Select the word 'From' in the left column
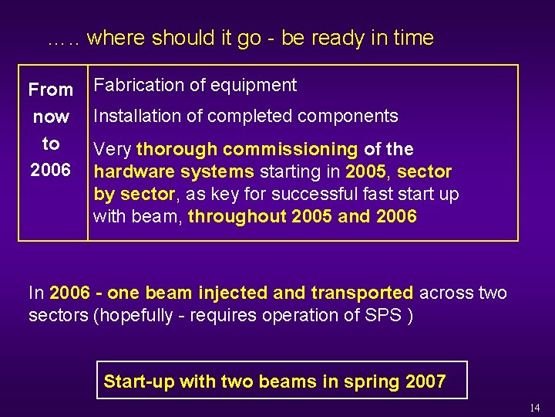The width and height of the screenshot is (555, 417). (51, 90)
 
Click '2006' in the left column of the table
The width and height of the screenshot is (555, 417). (50, 169)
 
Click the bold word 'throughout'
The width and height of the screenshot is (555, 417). (237, 216)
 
